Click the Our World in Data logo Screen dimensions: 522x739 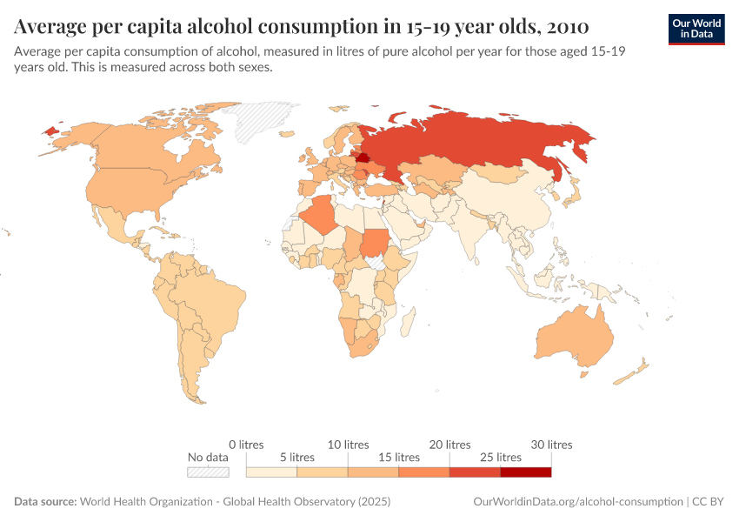coord(696,29)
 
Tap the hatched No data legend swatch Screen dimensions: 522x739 coord(209,472)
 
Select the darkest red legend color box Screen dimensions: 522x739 coord(526,472)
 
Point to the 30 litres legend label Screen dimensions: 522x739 coord(550,445)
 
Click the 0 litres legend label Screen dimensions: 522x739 coord(246,445)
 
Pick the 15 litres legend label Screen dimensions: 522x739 coord(398,457)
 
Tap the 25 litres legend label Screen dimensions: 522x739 coord(500,457)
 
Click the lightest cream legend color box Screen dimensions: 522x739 coord(271,472)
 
